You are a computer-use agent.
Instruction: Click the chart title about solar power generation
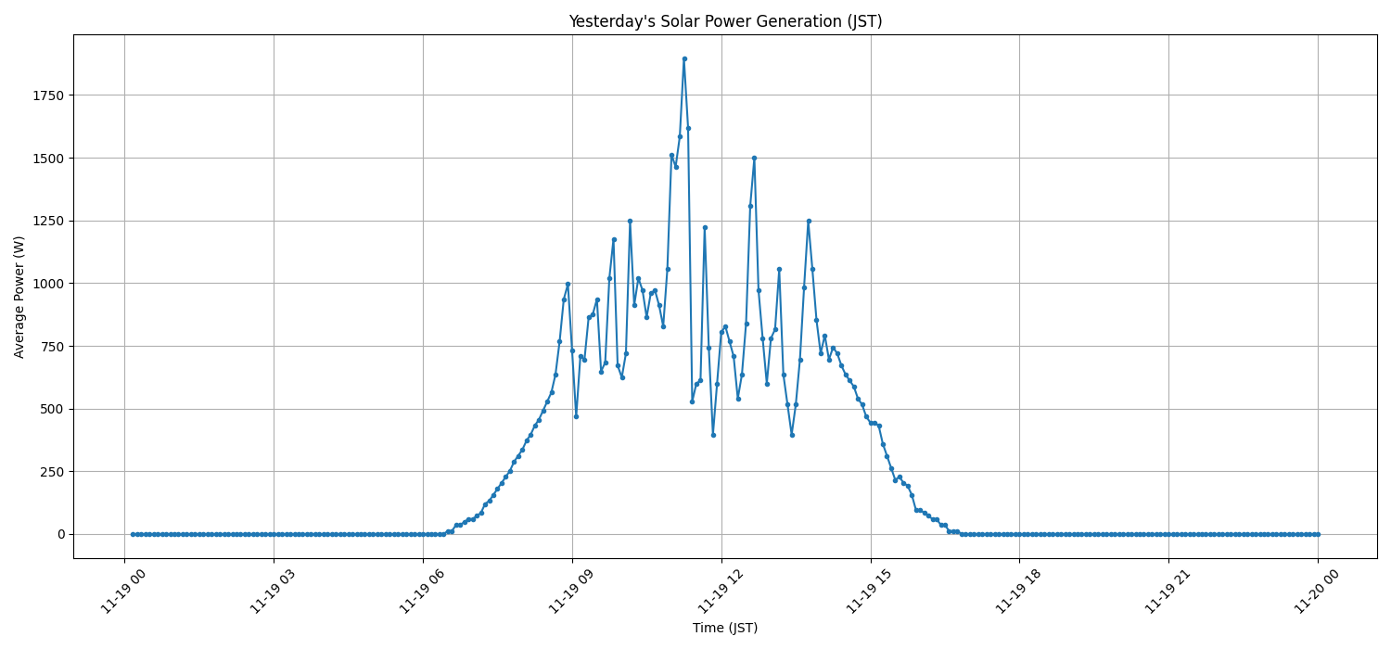point(725,21)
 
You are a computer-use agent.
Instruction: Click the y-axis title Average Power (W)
point(19,297)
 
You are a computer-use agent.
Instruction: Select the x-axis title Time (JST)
point(725,628)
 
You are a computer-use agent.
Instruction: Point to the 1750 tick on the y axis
point(47,95)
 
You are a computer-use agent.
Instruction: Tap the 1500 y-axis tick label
point(47,159)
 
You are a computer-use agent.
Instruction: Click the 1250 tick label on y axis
point(47,221)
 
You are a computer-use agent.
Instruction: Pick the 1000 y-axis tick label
point(47,284)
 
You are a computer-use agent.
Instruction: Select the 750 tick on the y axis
point(51,346)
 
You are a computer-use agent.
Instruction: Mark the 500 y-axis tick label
point(51,409)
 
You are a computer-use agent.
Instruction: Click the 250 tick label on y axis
point(51,472)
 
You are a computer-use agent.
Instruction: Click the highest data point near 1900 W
point(684,58)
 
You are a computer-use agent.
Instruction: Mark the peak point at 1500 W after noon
point(754,158)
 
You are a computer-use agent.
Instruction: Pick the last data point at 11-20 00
point(1318,534)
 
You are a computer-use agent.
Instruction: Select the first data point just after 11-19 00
point(133,534)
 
